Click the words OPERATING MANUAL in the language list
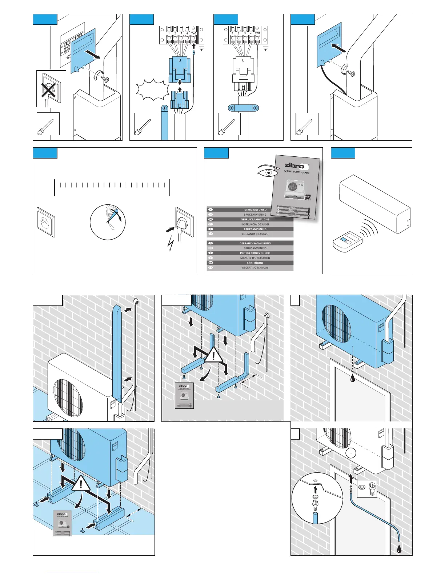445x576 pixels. click(x=255, y=268)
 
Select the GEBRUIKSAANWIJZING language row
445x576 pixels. click(x=255, y=220)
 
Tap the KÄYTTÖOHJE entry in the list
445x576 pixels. click(x=255, y=263)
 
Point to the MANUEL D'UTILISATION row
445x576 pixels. click(x=255, y=258)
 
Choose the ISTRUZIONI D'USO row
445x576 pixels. click(x=255, y=210)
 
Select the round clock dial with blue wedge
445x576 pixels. click(x=108, y=222)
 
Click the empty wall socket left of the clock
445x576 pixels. click(x=46, y=222)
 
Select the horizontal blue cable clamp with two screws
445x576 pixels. click(x=244, y=108)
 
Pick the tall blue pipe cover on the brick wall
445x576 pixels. click(x=117, y=352)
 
